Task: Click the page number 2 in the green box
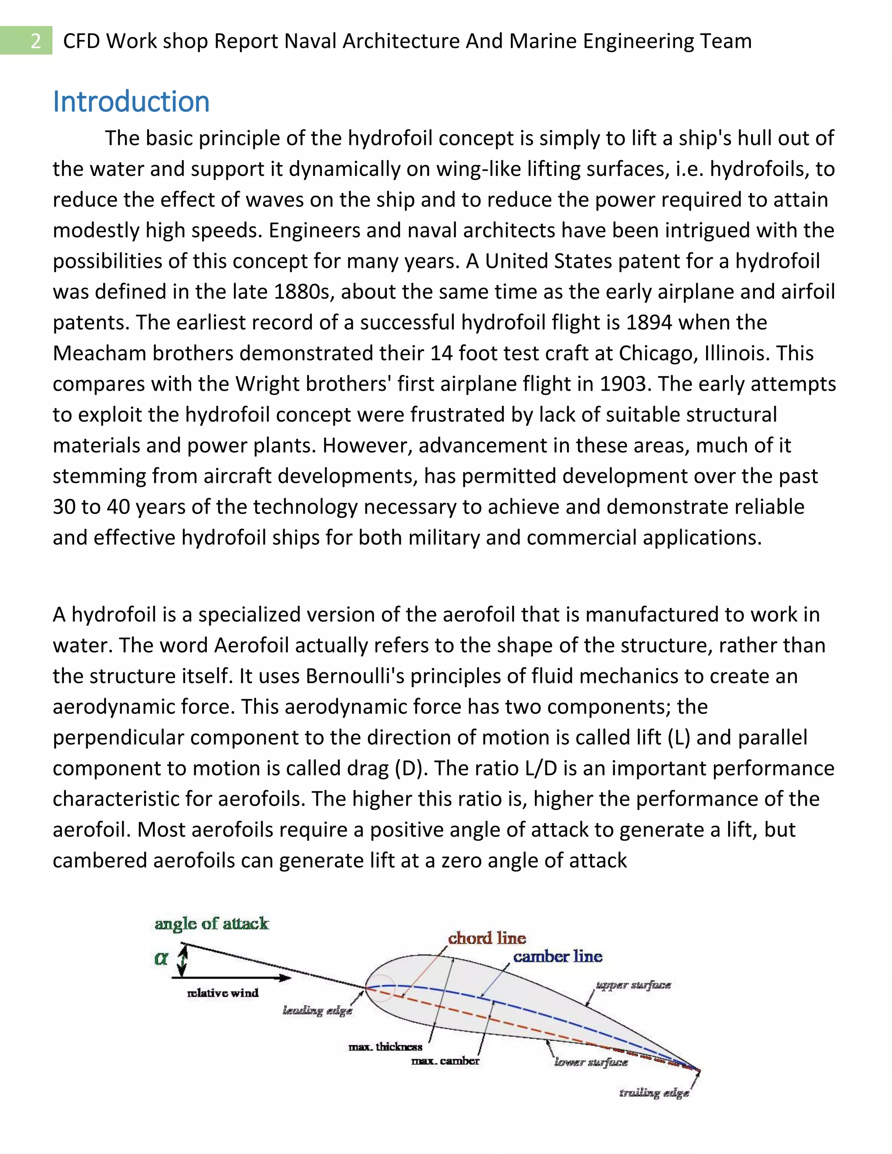(35, 40)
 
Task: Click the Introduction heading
(131, 101)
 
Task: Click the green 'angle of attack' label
(211, 924)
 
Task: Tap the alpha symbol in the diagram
(161, 958)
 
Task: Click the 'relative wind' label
(223, 993)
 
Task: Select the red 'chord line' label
(487, 938)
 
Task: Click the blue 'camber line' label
(557, 956)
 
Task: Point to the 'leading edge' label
(317, 1011)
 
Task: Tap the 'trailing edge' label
(654, 1092)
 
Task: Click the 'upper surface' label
(633, 985)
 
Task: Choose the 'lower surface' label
(591, 1062)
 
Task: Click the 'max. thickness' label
(385, 1047)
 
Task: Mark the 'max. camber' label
(445, 1060)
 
